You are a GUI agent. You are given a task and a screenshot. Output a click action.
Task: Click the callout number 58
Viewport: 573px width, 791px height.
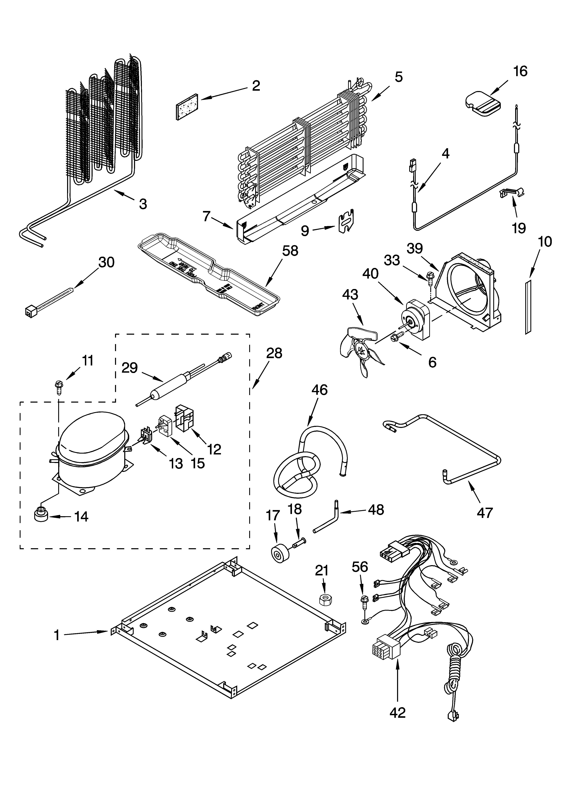(290, 251)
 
